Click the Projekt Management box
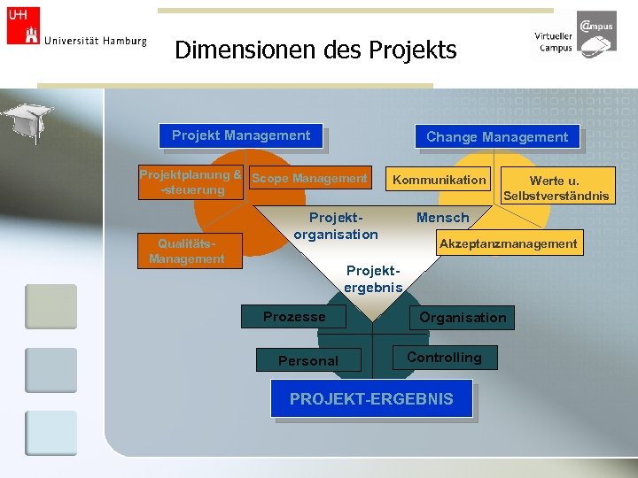coord(241,135)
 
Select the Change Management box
coord(496,136)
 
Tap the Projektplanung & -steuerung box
coord(191,182)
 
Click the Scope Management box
coord(309,179)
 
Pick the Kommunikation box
coord(440,180)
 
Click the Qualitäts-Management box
coord(187,251)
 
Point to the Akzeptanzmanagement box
coord(508,243)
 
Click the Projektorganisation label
coord(336,226)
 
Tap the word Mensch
coord(442,218)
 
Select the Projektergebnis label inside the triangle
coord(373,279)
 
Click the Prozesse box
coord(294,317)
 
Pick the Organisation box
coord(463,317)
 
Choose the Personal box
coord(307,360)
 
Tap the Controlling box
coord(444,358)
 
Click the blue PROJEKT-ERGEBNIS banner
coord(371,399)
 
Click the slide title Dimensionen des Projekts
coord(315,50)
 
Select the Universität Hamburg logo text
coord(95,41)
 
